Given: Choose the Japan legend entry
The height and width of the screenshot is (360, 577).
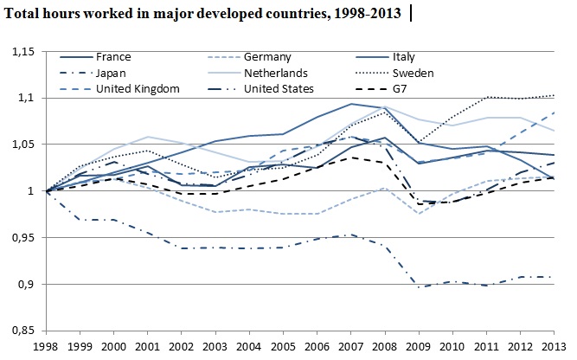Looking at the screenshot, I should click(x=113, y=74).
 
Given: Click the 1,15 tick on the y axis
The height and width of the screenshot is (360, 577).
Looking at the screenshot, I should click(x=22, y=52).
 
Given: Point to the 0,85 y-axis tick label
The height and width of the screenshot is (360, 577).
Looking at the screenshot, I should click(x=22, y=331).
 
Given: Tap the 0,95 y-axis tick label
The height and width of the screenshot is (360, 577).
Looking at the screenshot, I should click(x=22, y=237).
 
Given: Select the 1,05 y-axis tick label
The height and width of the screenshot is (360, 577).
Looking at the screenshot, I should click(x=22, y=145).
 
